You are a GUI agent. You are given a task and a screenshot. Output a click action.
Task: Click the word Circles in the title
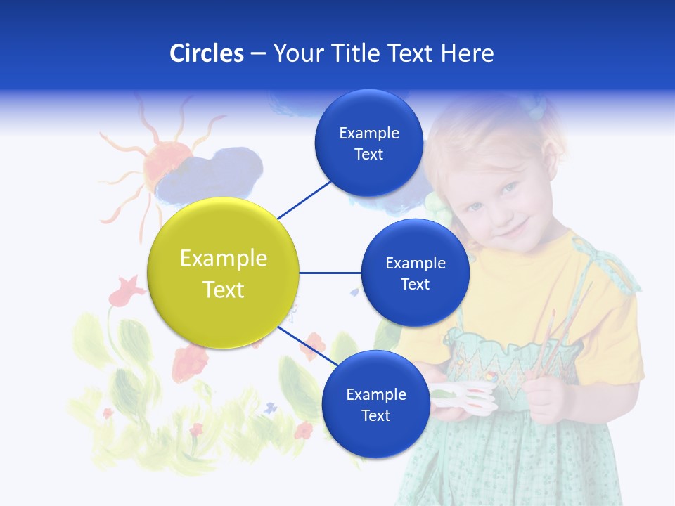[x=206, y=53]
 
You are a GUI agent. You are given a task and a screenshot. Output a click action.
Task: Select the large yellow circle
[x=223, y=273]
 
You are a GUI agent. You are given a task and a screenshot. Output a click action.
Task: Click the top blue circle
[x=368, y=143]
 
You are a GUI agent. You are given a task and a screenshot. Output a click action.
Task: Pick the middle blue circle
[x=415, y=273]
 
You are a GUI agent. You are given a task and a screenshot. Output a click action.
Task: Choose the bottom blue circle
[x=375, y=404]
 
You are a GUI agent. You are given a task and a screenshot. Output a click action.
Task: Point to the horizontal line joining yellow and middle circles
[x=330, y=273]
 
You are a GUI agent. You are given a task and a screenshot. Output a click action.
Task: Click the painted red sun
[x=166, y=162]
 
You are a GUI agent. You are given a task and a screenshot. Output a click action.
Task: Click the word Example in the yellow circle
[x=223, y=259]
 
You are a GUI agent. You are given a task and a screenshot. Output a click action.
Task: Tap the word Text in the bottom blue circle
[x=375, y=415]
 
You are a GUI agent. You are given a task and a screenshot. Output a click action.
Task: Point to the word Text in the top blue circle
[x=368, y=155]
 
